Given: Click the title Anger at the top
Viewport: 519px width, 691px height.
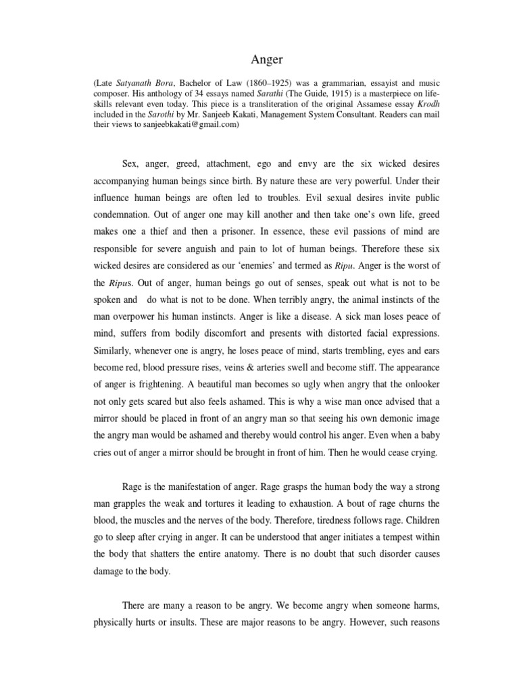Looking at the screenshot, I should (x=259, y=59).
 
